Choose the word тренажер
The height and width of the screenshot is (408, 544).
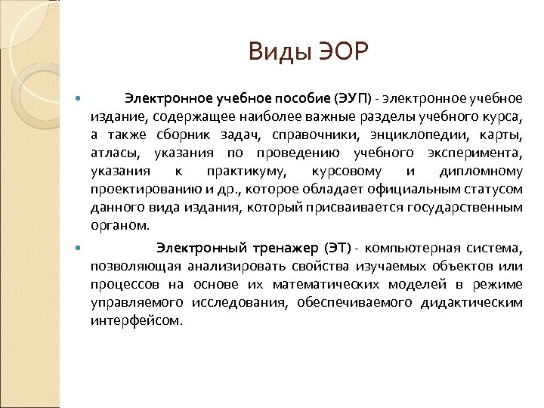281,247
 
